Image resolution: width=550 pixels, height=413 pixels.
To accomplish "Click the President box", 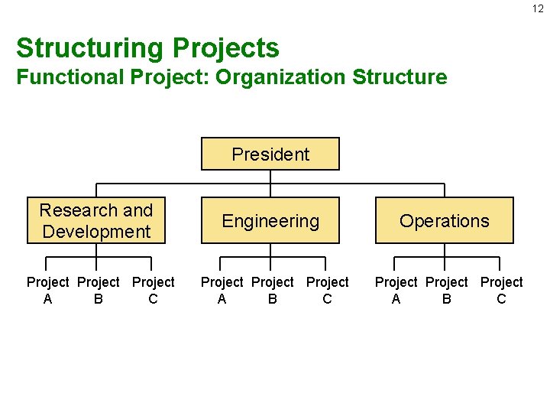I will [270, 154].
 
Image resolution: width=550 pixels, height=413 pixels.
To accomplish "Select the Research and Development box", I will [96, 220].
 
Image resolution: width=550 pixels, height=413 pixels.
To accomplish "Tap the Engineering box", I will [270, 221].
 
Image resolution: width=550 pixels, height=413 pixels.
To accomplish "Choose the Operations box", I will [444, 221].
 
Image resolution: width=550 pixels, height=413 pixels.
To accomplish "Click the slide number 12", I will [538, 8].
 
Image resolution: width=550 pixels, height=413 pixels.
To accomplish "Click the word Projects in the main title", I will [225, 48].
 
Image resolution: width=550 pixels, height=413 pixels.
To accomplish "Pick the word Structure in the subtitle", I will [400, 77].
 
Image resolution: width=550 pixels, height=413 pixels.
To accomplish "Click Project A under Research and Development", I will [47, 291].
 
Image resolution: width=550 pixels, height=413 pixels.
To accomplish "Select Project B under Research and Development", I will [99, 291].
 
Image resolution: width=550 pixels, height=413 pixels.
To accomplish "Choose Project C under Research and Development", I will [153, 291].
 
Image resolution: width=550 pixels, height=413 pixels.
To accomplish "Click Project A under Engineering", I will [222, 291].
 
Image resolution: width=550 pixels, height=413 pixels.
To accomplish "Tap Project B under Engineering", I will [273, 291].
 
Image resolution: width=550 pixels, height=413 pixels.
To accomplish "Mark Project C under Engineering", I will [327, 291].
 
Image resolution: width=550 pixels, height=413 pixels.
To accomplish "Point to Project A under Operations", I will [396, 291].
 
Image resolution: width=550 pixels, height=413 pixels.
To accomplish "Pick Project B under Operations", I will [447, 291].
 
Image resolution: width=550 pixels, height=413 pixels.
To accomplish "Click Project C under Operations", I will [501, 291].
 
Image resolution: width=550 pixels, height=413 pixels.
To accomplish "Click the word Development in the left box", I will [96, 231].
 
